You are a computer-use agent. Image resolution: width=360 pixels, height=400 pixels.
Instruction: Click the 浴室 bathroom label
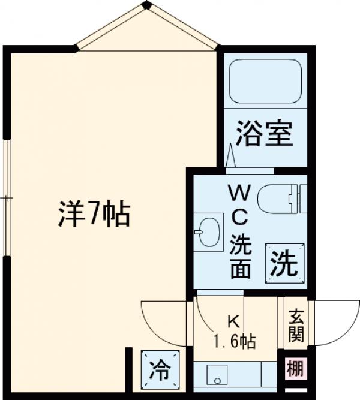pos(263,134)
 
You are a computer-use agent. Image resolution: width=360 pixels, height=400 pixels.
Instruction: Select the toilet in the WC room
pos(281,197)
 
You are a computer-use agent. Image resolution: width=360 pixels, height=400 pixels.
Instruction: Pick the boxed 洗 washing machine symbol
pos(283,263)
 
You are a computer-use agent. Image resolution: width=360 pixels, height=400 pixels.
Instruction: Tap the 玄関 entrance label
pos(296,326)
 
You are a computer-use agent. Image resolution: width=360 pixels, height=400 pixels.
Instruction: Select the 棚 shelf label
pos(295,368)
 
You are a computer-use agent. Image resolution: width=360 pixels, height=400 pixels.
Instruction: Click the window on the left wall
pos(7,198)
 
